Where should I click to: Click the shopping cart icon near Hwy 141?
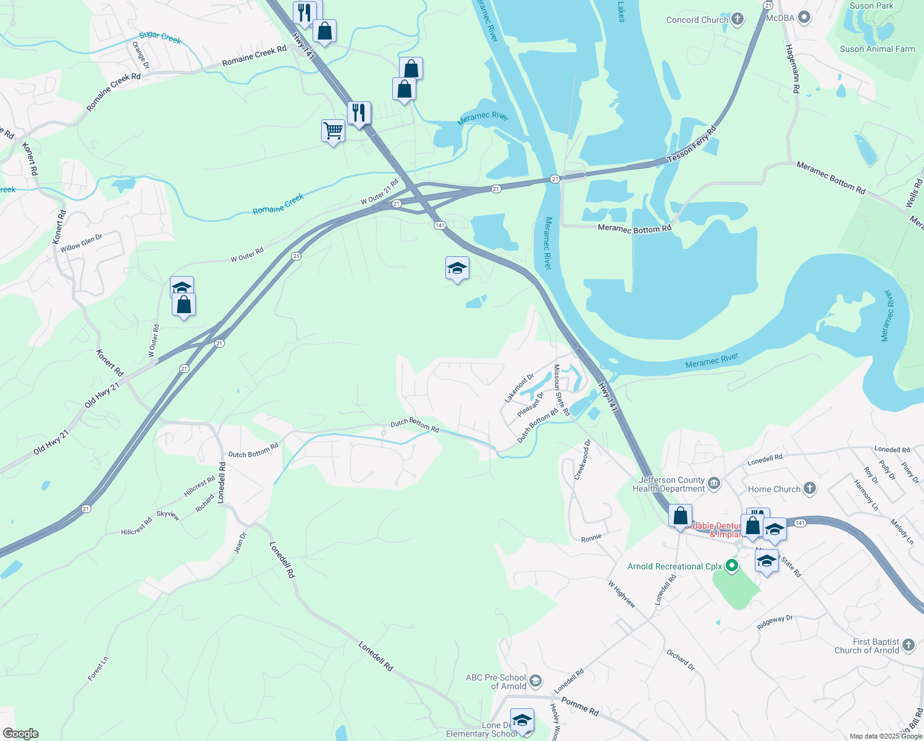[x=333, y=131]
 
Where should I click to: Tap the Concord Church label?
[x=697, y=20]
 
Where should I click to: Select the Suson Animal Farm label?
[x=877, y=49]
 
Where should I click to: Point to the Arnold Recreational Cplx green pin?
[x=732, y=565]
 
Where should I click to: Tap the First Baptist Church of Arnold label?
[x=867, y=646]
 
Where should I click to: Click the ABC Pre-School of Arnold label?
[x=496, y=682]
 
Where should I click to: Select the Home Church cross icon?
[x=809, y=489]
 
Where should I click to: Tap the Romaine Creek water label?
[x=279, y=204]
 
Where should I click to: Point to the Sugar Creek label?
[x=160, y=38]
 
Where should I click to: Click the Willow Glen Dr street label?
[x=81, y=243]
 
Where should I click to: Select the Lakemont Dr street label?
[x=519, y=388]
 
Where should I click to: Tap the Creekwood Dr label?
[x=582, y=459]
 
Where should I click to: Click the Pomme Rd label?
[x=579, y=707]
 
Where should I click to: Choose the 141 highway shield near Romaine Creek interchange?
[x=440, y=225]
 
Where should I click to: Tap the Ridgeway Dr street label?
[x=775, y=622]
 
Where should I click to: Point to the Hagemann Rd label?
[x=792, y=68]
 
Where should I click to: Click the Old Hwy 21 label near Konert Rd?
[x=103, y=394]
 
